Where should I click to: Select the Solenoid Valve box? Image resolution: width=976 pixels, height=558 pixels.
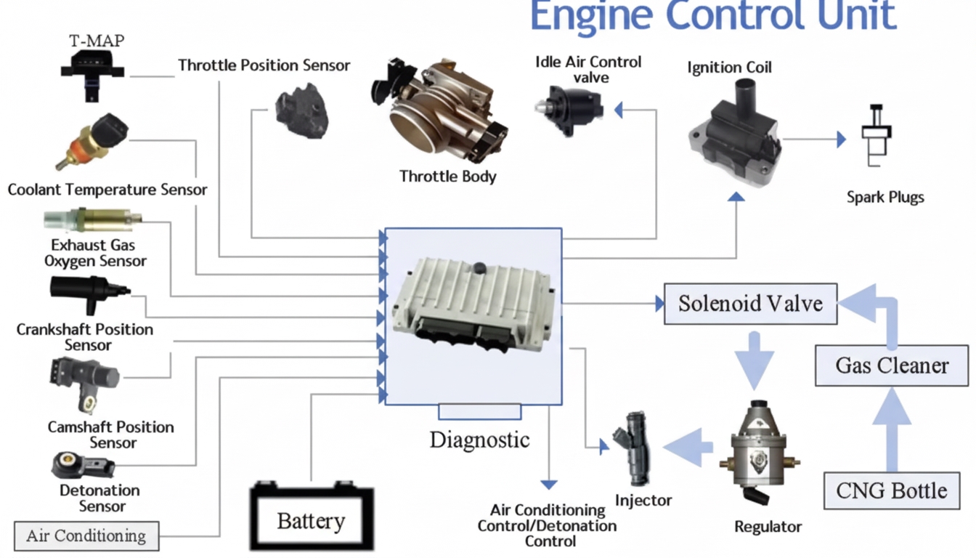coord(750,303)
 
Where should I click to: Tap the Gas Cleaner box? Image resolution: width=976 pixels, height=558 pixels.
coord(892,365)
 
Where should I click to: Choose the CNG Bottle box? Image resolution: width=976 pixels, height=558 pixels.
coord(892,490)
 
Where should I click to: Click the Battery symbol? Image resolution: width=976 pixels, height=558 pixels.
coord(311,517)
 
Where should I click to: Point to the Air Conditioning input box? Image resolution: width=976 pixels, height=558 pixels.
coord(86,536)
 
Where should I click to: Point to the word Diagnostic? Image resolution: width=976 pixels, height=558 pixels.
coord(479,440)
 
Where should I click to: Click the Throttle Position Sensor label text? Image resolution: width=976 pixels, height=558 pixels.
coord(264,65)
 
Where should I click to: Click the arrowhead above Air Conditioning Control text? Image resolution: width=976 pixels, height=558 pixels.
coord(549,484)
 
